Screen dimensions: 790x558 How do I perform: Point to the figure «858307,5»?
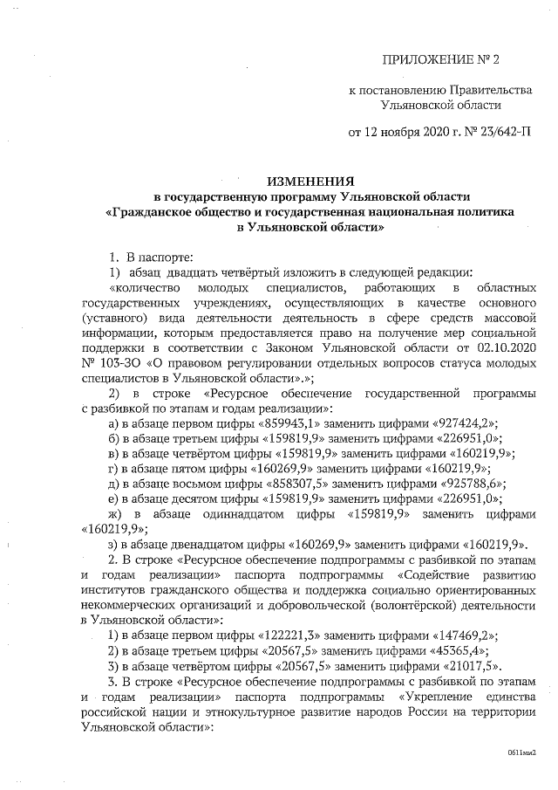tap(286, 483)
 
